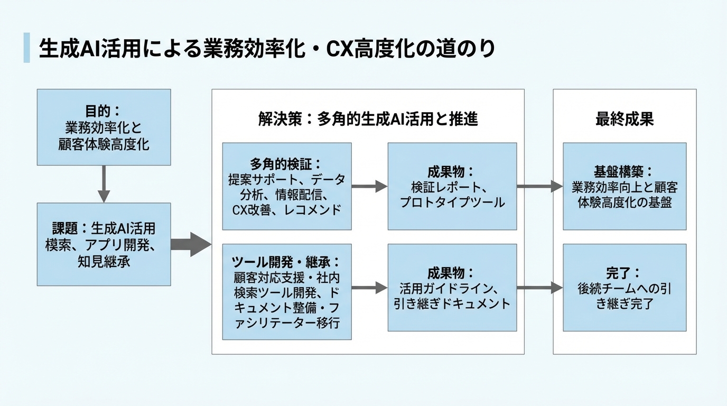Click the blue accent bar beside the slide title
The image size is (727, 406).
(x=26, y=48)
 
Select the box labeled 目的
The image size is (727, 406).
(x=104, y=127)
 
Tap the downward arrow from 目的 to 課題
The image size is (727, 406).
(x=104, y=183)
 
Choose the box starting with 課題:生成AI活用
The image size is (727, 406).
(x=104, y=244)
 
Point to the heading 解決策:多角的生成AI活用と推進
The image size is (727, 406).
(x=368, y=119)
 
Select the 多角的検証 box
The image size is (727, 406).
(x=286, y=186)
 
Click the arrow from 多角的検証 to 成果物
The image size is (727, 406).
(x=369, y=186)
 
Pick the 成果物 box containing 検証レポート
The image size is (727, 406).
(x=452, y=186)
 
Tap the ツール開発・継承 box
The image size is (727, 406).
(x=286, y=291)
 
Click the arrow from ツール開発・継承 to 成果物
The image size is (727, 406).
(x=369, y=288)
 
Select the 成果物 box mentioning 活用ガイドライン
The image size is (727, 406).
(x=452, y=288)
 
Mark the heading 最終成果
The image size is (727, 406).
(x=624, y=119)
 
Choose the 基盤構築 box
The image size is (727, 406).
(x=624, y=186)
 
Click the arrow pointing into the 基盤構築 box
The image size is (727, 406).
(x=539, y=186)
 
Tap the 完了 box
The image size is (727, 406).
(x=624, y=288)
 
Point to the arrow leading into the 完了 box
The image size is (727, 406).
(x=539, y=288)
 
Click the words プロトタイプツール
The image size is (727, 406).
(x=452, y=202)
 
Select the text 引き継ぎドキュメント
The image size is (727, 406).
(x=452, y=304)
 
